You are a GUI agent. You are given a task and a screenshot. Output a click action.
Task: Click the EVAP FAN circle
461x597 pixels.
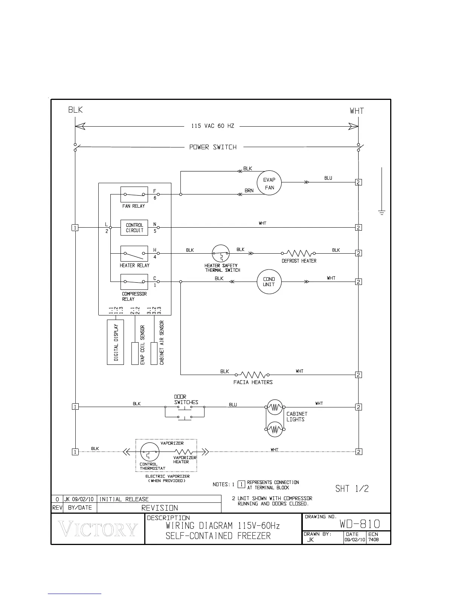point(269,183)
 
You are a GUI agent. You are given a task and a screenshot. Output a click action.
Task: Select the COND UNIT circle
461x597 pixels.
point(269,282)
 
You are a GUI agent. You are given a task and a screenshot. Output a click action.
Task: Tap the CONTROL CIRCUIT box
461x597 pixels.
point(134,228)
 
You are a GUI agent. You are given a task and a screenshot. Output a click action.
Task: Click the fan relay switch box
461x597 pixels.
point(134,194)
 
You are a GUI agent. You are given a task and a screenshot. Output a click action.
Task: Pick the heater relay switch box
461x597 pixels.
point(134,254)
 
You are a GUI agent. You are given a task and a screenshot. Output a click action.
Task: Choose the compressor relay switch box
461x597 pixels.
point(134,282)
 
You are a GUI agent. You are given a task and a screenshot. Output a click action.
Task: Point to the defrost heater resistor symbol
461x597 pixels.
point(299,253)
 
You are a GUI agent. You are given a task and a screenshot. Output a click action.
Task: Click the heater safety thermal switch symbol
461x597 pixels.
point(221,254)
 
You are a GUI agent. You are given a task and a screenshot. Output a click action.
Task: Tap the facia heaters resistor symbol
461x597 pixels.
point(252,375)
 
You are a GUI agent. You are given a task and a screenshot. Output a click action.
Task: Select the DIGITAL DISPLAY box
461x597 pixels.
point(116,342)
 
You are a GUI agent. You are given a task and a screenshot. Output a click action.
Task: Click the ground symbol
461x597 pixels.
point(382,212)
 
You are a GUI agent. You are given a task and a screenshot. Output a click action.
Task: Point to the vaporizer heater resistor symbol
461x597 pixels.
point(184,452)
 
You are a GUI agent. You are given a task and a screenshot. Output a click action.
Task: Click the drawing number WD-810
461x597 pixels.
point(360,524)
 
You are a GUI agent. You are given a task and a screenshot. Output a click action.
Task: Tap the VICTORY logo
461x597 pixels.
point(98,530)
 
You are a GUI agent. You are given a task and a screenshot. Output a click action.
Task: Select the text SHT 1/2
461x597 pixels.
point(352,489)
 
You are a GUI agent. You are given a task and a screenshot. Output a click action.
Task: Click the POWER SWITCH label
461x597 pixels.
point(213,147)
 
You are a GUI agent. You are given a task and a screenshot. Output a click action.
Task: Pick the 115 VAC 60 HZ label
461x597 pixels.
point(213,126)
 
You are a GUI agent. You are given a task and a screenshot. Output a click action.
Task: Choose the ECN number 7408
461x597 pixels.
point(374,539)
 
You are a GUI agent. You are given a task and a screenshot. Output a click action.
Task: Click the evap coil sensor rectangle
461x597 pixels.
point(135,354)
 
